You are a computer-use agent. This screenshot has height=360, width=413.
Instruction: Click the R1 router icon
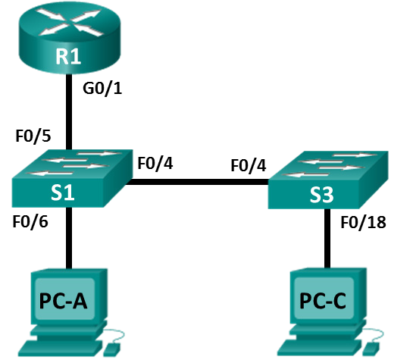70,38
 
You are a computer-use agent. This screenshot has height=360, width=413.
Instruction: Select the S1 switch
72,179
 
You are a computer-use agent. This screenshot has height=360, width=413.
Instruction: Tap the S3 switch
328,180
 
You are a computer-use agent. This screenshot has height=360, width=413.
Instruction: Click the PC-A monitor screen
65,299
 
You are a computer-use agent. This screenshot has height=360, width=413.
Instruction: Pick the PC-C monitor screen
324,298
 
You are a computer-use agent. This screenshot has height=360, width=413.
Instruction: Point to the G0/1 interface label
102,89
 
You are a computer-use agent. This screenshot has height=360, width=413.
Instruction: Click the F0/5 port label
33,136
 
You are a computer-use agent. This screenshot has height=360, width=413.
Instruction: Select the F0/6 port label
30,221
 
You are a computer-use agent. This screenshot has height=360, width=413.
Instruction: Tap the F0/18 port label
364,222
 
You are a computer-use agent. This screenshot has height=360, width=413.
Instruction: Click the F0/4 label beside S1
155,163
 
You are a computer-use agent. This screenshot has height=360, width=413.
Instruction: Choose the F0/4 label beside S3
249,166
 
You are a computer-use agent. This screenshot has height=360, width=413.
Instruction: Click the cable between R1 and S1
69,112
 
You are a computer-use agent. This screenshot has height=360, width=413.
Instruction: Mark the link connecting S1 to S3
197,182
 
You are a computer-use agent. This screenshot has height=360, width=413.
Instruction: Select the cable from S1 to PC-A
69,238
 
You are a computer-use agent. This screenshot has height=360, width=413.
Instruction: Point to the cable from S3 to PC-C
327,238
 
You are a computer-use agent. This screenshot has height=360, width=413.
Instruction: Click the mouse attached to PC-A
111,349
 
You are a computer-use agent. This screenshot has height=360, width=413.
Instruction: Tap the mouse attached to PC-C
371,349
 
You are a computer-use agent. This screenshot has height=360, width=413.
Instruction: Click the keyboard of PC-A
61,348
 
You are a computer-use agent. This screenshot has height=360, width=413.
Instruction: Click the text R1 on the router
68,56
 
